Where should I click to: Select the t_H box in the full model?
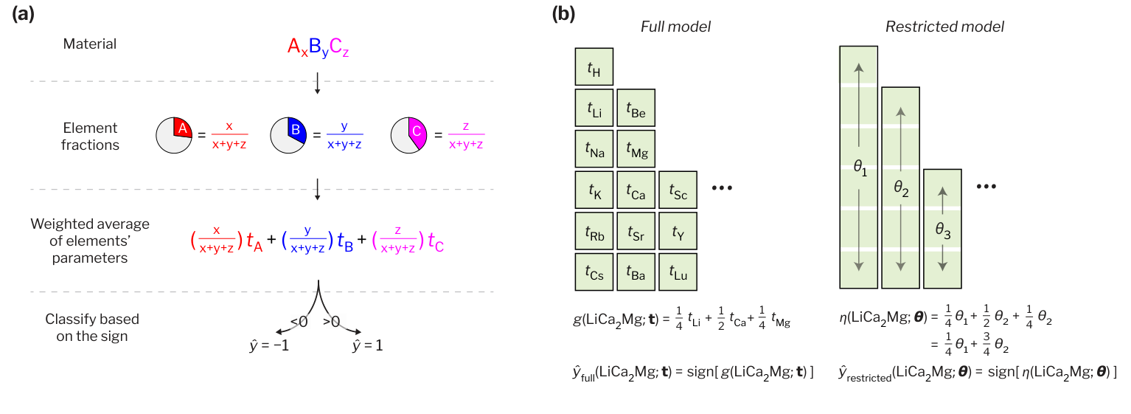pyautogui.click(x=594, y=68)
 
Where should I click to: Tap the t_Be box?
pyautogui.click(x=636, y=109)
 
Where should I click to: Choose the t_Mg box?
pyautogui.click(x=636, y=151)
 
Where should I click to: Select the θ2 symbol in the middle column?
pyautogui.click(x=900, y=190)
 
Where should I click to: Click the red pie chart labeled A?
pyautogui.click(x=175, y=135)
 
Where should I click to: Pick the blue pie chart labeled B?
pyautogui.click(x=288, y=135)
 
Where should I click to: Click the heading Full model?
pyautogui.click(x=675, y=27)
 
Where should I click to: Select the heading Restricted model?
pyautogui.click(x=944, y=27)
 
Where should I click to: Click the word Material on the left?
pyautogui.click(x=90, y=44)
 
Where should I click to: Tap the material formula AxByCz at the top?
pyautogui.click(x=318, y=47)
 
